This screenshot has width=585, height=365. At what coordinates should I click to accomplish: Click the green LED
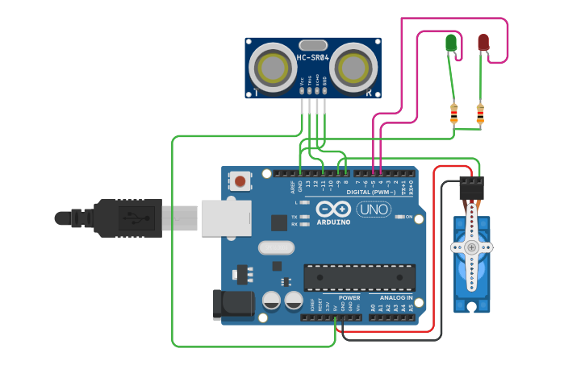coord(451,43)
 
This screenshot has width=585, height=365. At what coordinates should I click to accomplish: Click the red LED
coord(483,42)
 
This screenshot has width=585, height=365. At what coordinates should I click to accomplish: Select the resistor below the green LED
coord(453,114)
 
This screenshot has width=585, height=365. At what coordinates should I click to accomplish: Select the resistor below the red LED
coord(480,114)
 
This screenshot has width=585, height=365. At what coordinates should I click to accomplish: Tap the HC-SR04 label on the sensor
coord(312,58)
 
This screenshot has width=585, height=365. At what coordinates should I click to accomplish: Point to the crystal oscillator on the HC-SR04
coord(312,45)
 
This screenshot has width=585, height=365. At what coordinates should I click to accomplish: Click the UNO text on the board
coord(374,209)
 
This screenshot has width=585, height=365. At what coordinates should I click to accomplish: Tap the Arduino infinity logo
coord(332,208)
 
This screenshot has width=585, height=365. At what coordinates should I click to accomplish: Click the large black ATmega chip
coord(359,277)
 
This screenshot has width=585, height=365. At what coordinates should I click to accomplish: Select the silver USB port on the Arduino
coord(222,218)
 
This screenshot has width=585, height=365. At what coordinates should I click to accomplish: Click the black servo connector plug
coord(472,189)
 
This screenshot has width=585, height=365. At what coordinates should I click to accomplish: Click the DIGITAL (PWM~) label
coord(371,193)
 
